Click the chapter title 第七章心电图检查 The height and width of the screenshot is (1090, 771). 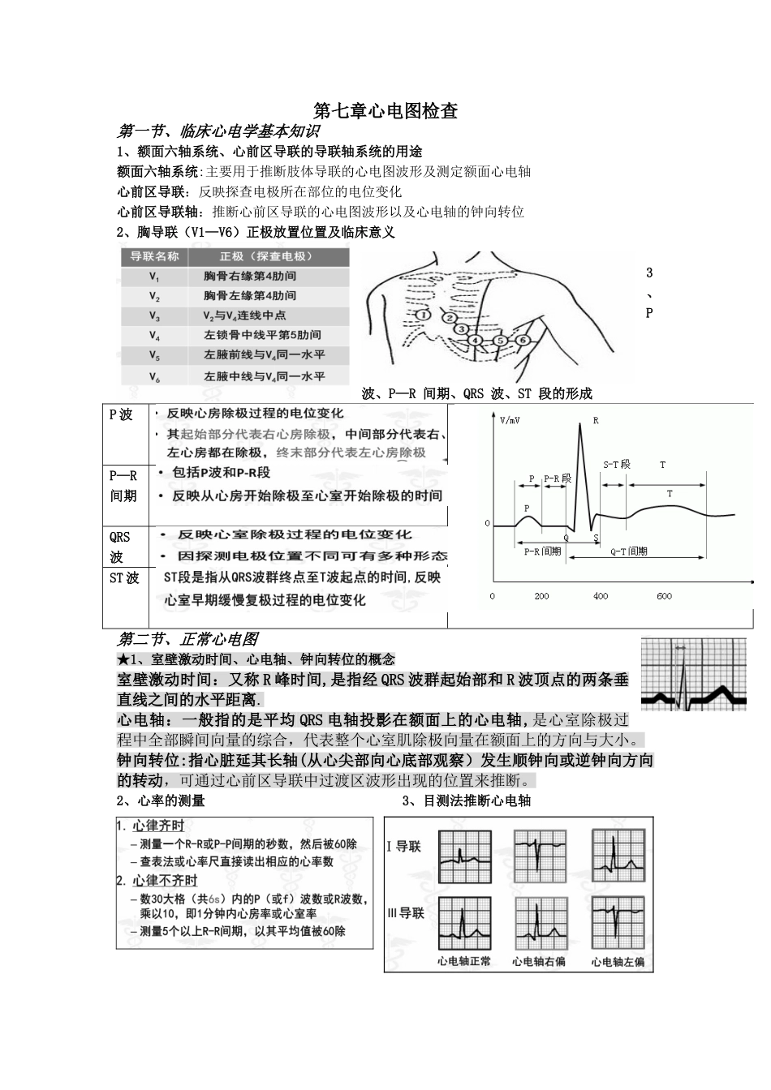(x=385, y=111)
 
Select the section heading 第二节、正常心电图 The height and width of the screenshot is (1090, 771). (x=188, y=639)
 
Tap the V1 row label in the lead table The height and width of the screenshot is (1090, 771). (x=154, y=277)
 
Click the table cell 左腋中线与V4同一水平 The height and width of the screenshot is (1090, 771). (x=264, y=377)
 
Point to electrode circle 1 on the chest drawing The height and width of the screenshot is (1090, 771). (x=422, y=315)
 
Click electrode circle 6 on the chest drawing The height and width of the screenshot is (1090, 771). (x=522, y=340)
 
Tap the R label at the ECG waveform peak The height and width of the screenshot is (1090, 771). (x=596, y=421)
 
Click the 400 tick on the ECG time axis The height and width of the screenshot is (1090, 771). (x=601, y=596)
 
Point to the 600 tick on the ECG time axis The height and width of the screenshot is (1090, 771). (x=664, y=596)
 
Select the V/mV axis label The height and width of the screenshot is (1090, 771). (x=510, y=421)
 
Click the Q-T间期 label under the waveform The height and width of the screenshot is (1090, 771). (x=629, y=551)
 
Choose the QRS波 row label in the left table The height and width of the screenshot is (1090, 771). (x=119, y=547)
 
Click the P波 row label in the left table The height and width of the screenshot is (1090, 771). (x=121, y=414)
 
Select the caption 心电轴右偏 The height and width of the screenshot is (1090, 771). (x=539, y=961)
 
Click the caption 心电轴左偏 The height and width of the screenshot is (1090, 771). (x=618, y=961)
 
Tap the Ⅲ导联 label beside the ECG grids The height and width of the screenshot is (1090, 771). (x=406, y=913)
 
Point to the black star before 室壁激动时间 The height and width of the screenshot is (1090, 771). (x=123, y=659)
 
